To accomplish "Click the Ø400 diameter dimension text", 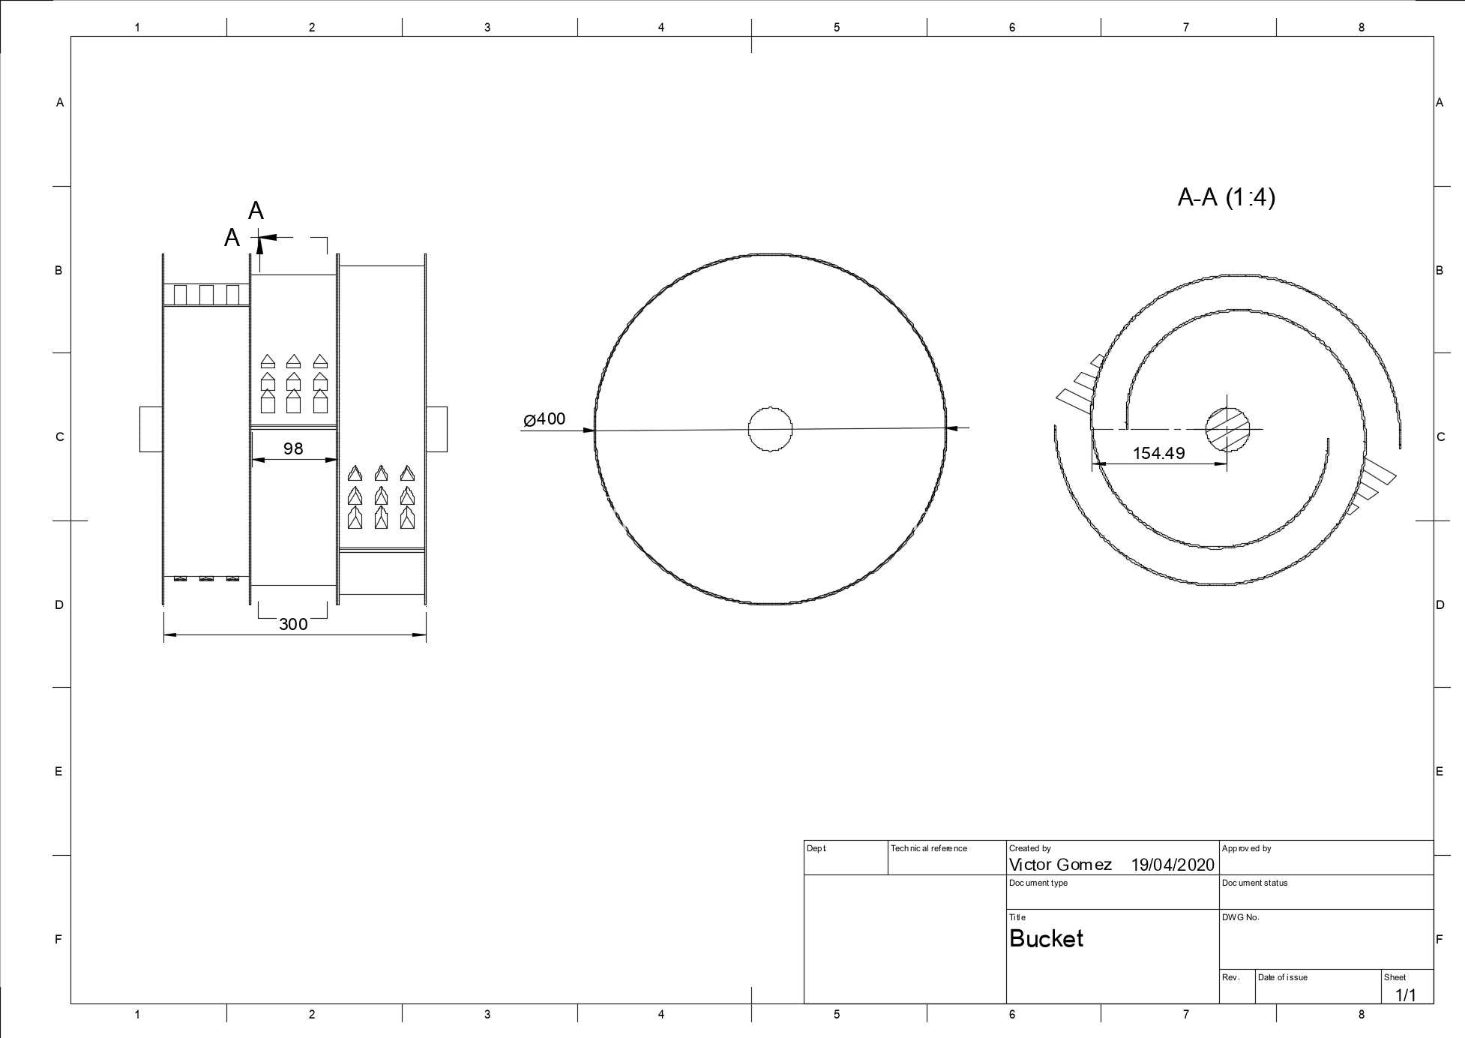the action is pyautogui.click(x=544, y=419).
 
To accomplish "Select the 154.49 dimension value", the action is pyautogui.click(x=1158, y=453).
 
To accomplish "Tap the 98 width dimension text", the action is pyautogui.click(x=293, y=448).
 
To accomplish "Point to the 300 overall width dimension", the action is pyautogui.click(x=293, y=624).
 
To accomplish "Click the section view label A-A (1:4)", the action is pyautogui.click(x=1227, y=197).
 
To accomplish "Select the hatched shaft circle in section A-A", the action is pyautogui.click(x=1227, y=429).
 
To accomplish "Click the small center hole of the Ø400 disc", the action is pyautogui.click(x=770, y=429).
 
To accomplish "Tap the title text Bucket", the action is pyautogui.click(x=1046, y=938).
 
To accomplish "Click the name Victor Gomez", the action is pyautogui.click(x=1060, y=865).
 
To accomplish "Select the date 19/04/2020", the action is pyautogui.click(x=1173, y=865).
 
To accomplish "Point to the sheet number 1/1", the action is pyautogui.click(x=1406, y=995).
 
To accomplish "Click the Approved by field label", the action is pyautogui.click(x=1246, y=848).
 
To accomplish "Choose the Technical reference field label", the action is pyautogui.click(x=929, y=848).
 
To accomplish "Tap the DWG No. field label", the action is pyautogui.click(x=1240, y=917).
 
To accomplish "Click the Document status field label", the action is pyautogui.click(x=1254, y=883).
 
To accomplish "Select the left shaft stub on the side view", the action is pyautogui.click(x=151, y=429).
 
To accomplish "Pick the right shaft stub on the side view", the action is pyautogui.click(x=436, y=429).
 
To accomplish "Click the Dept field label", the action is pyautogui.click(x=816, y=848).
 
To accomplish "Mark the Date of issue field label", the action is pyautogui.click(x=1282, y=977).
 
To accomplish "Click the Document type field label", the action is pyautogui.click(x=1038, y=883).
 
